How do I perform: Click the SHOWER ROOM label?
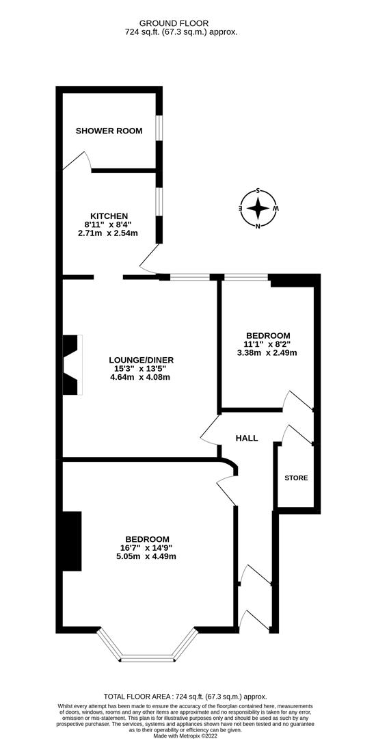[109, 131]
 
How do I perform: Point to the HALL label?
[247, 438]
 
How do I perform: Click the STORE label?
[296, 478]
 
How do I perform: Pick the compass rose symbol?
[258, 208]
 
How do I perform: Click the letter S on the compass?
[258, 191]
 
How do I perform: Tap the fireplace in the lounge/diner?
[72, 365]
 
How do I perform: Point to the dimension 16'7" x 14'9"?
[147, 547]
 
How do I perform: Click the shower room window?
[159, 128]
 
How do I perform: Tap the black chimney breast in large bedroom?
[72, 541]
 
